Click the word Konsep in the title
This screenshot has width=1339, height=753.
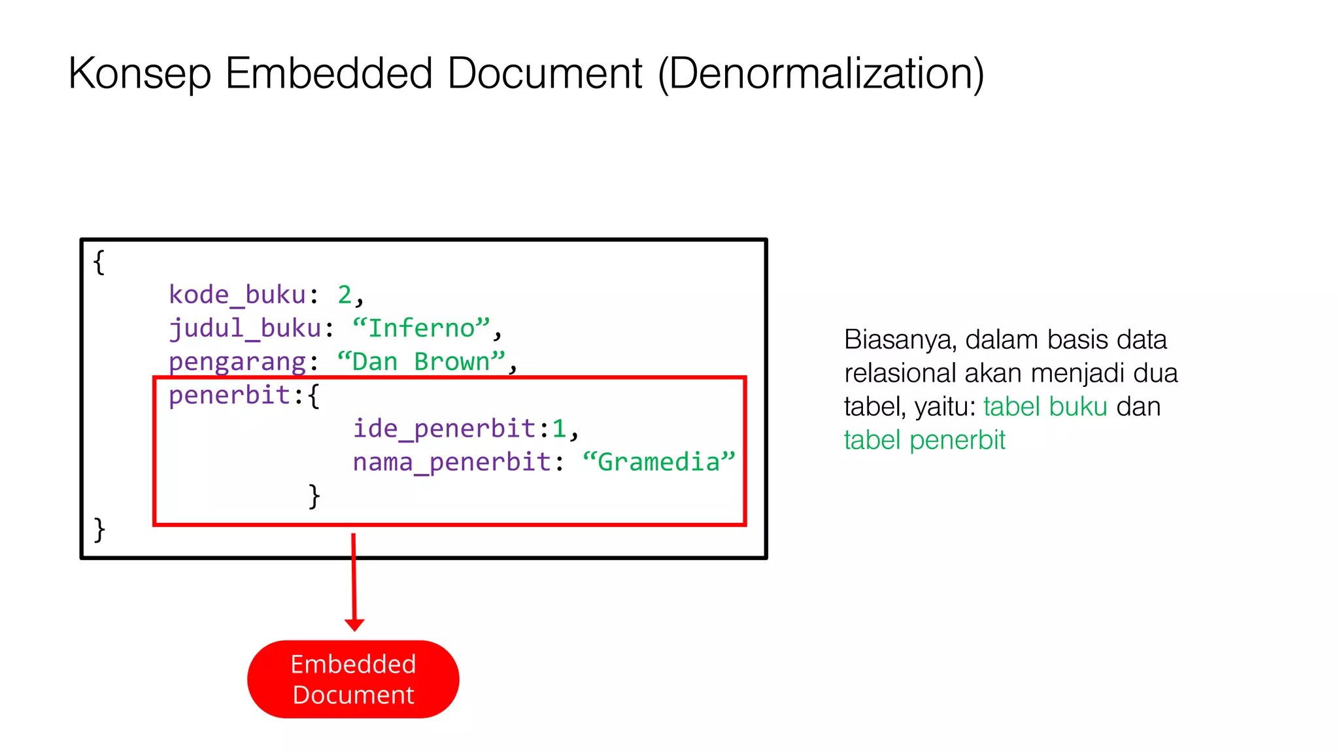[139, 73]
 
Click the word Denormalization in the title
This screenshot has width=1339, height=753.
[821, 73]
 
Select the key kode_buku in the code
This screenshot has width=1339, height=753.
[237, 295]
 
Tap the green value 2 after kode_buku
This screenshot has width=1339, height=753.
[345, 295]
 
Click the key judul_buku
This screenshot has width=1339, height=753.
[245, 328]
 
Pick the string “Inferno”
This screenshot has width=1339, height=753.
[421, 328]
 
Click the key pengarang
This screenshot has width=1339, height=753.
[237, 361]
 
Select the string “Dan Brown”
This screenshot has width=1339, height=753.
[421, 361]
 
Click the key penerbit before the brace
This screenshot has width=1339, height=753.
[229, 395]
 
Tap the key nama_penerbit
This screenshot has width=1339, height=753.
[452, 462]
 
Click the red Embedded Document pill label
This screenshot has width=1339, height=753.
[353, 679]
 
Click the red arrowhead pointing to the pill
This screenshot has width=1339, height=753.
[354, 625]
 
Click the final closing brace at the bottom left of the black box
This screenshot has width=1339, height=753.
[99, 529]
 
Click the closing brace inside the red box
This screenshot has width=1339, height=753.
[314, 495]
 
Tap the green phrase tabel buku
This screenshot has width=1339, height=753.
[1045, 407]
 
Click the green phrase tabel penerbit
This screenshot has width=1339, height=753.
[924, 440]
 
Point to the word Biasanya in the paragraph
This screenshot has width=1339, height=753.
[900, 340]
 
